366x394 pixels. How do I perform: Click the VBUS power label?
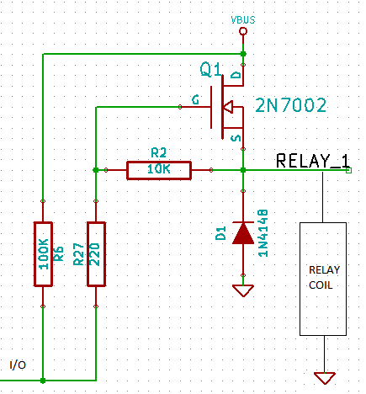pos(243,19)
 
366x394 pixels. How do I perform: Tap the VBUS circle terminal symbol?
pos(243,31)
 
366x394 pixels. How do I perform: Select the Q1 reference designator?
pos(210,69)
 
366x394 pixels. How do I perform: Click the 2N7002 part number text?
pos(291,105)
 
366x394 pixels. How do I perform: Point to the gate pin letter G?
pos(195,100)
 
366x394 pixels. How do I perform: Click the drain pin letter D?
pos(236,75)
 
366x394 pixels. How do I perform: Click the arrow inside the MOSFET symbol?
pos(228,107)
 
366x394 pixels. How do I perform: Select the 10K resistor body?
pos(159,170)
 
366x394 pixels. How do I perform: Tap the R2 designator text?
pos(158,153)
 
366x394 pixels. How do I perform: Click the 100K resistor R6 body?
pos(43,254)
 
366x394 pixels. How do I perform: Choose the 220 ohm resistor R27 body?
pos(96,254)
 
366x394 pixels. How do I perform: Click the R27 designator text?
pos(78,254)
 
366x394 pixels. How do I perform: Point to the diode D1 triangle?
pos(243,233)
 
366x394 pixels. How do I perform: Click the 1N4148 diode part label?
pos(263,233)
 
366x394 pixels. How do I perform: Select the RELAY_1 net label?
pos(313,161)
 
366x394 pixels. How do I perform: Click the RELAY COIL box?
pos(323,279)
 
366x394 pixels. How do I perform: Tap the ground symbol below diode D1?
pos(243,290)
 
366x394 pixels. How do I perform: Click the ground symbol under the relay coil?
pos(325,378)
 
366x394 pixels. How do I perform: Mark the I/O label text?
pos(18,365)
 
